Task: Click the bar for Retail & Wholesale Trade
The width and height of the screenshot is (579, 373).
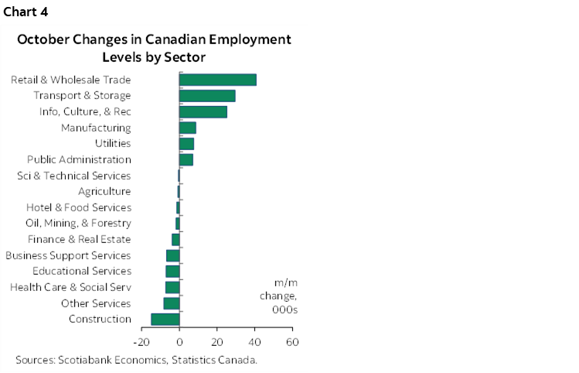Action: tap(217, 80)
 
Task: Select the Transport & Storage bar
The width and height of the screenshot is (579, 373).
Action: tap(207, 96)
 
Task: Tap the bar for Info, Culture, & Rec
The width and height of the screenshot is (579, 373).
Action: tap(203, 111)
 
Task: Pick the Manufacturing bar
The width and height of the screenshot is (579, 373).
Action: tap(187, 128)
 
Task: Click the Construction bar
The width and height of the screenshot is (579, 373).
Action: tap(165, 320)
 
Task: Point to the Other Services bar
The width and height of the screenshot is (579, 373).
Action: tap(172, 303)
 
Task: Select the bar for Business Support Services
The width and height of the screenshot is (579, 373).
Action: tap(173, 255)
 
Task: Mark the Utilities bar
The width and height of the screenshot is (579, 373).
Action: tap(186, 144)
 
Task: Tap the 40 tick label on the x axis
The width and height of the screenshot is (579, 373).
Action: tap(254, 341)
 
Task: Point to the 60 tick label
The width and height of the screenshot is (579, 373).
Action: tap(291, 341)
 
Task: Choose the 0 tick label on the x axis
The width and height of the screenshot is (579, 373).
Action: tap(179, 341)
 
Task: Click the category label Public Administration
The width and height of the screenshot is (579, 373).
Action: tap(79, 159)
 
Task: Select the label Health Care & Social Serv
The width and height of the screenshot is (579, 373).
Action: tap(70, 287)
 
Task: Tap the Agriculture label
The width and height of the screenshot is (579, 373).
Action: tap(104, 191)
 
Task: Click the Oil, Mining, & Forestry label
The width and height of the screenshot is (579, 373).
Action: tap(78, 224)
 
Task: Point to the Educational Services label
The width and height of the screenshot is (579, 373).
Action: tap(82, 272)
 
